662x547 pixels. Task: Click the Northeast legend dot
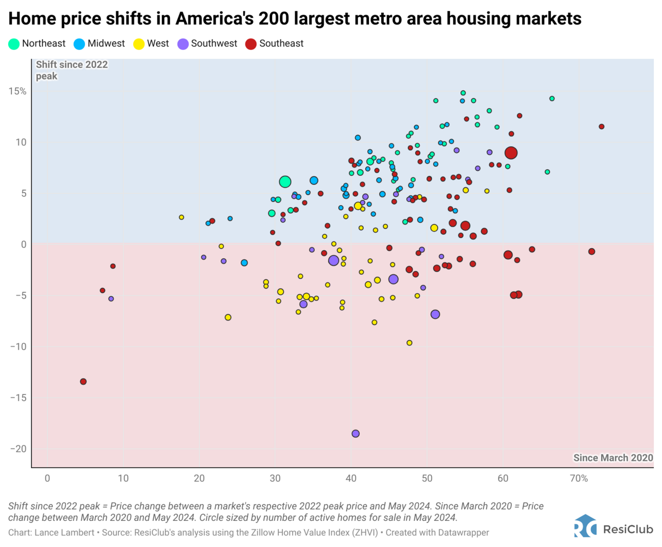click(x=14, y=44)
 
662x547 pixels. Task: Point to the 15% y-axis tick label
click(x=17, y=91)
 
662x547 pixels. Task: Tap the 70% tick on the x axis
click(x=579, y=478)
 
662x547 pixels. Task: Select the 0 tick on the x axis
click(x=47, y=478)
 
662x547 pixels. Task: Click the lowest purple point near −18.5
click(x=356, y=434)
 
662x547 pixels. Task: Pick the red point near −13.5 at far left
click(x=84, y=381)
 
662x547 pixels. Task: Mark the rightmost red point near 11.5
click(x=602, y=127)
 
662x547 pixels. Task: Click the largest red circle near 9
click(x=511, y=153)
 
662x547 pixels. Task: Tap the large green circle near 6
click(x=285, y=181)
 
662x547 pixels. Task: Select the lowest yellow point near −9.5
click(x=409, y=343)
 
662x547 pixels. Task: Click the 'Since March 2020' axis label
click(x=613, y=458)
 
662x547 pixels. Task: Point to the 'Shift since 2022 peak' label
click(x=71, y=70)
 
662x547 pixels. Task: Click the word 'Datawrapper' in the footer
click(x=463, y=533)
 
